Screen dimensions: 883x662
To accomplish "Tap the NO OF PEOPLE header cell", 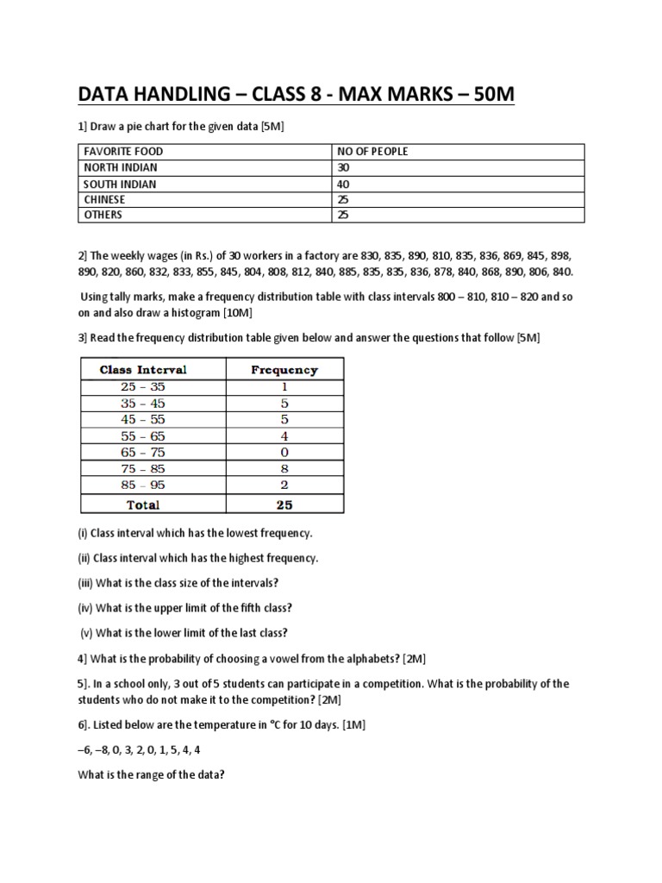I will pyautogui.click(x=372, y=152).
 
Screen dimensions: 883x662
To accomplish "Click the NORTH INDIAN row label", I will pyautogui.click(x=120, y=167).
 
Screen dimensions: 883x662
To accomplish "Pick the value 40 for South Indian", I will pyautogui.click(x=344, y=184).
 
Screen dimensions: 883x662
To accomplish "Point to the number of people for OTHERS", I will pyautogui.click(x=344, y=215).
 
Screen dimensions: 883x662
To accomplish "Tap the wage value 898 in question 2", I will pyautogui.click(x=561, y=256).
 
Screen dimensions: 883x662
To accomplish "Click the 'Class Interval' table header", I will pyautogui.click(x=143, y=369).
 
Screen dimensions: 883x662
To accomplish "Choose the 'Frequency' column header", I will pyautogui.click(x=284, y=369).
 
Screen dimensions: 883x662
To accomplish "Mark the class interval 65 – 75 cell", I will pyautogui.click(x=143, y=452).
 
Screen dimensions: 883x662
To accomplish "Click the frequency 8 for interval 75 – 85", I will pyautogui.click(x=284, y=468).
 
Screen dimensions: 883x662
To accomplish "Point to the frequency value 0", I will pyautogui.click(x=284, y=452).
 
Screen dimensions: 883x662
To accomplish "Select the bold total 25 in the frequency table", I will pyautogui.click(x=284, y=504).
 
